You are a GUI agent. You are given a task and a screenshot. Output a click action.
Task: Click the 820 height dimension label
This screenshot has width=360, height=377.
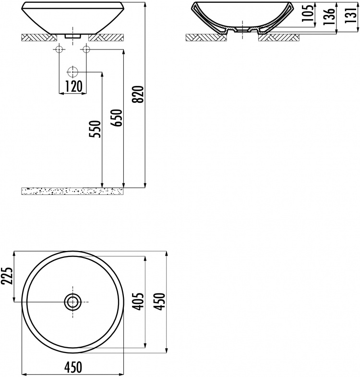[x=138, y=94]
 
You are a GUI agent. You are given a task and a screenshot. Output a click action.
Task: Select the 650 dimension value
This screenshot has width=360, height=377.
[x=117, y=118]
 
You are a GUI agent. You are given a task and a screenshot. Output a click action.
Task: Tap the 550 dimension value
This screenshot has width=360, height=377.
[x=95, y=129]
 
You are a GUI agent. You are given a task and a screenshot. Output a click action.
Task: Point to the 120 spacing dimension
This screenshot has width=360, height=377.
[x=73, y=86]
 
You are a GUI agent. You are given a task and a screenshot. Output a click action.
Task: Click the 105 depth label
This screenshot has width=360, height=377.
[x=308, y=12]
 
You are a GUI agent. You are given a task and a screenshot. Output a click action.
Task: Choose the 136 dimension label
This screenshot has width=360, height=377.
[x=329, y=16]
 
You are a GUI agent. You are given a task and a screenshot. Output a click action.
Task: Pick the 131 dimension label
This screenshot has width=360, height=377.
[x=350, y=15]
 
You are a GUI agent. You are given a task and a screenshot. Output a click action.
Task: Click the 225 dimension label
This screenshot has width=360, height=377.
[x=7, y=275]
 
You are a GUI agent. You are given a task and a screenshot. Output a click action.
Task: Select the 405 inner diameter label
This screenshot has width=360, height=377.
[x=138, y=301]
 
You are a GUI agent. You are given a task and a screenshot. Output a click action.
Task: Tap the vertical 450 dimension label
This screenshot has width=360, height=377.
[x=159, y=301]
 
